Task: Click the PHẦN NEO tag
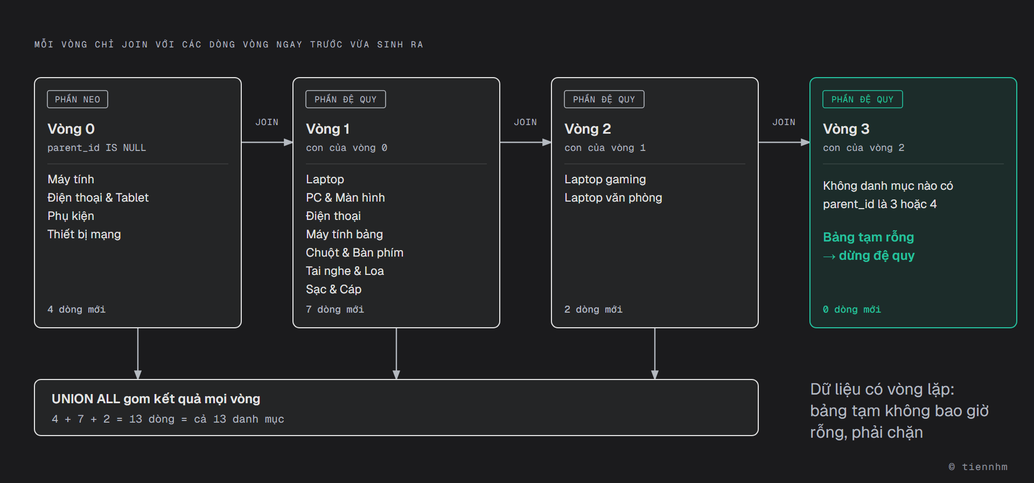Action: click(78, 99)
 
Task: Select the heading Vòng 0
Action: click(71, 129)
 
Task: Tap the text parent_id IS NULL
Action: click(96, 148)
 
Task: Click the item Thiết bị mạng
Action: click(84, 234)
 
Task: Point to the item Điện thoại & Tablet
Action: click(98, 198)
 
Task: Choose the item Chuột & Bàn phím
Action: click(354, 253)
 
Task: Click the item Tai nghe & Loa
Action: click(345, 271)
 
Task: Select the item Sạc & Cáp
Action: click(333, 289)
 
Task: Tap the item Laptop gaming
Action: click(605, 180)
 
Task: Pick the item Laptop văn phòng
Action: click(613, 198)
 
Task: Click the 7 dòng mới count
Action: click(335, 309)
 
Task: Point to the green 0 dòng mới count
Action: click(852, 309)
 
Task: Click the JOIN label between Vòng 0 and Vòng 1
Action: click(267, 122)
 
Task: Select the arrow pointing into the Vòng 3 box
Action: click(784, 142)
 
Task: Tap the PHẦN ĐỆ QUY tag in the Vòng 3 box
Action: click(862, 99)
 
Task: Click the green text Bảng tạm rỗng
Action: click(868, 237)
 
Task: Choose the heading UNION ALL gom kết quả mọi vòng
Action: click(156, 399)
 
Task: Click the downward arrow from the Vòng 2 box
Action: click(655, 354)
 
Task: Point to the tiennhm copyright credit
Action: click(978, 467)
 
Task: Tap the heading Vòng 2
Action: click(588, 129)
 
